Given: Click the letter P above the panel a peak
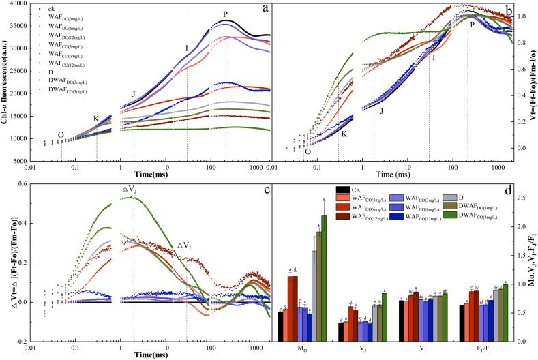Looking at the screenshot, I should click(x=225, y=14).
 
